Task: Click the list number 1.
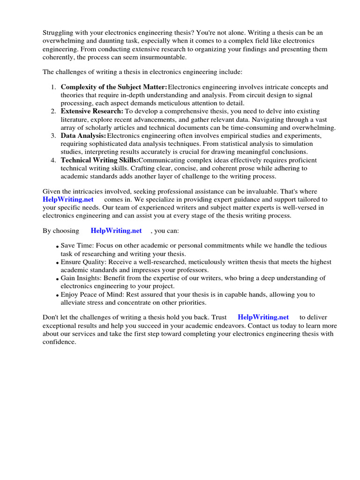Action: coord(53,87)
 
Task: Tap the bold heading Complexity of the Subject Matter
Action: coord(114,87)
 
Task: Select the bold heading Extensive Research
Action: coord(92,112)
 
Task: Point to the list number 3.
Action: coord(53,136)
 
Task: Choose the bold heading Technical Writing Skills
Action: coord(99,160)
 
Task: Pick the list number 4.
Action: coord(53,160)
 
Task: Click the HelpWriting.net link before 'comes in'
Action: coord(68,200)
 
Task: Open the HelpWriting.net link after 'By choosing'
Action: coord(116,231)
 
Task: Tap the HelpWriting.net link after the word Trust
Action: coord(263,317)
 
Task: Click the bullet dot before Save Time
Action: coord(57,247)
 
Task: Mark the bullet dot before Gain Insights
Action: coord(57,279)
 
